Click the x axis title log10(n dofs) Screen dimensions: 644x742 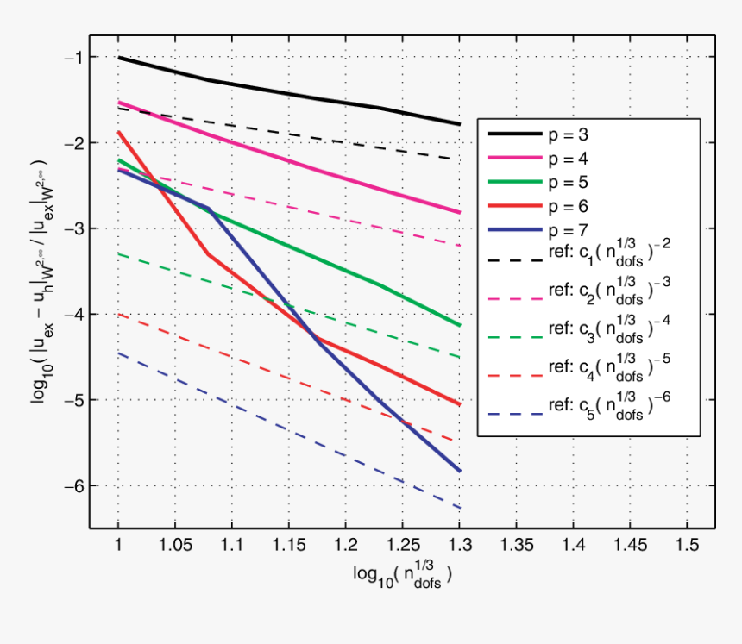click(402, 576)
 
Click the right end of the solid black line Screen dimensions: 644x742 click(459, 124)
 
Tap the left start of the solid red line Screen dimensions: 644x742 click(119, 133)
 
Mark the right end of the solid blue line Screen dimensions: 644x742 click(459, 471)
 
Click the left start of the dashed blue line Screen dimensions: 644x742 click(119, 353)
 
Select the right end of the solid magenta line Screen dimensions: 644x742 click(459, 212)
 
